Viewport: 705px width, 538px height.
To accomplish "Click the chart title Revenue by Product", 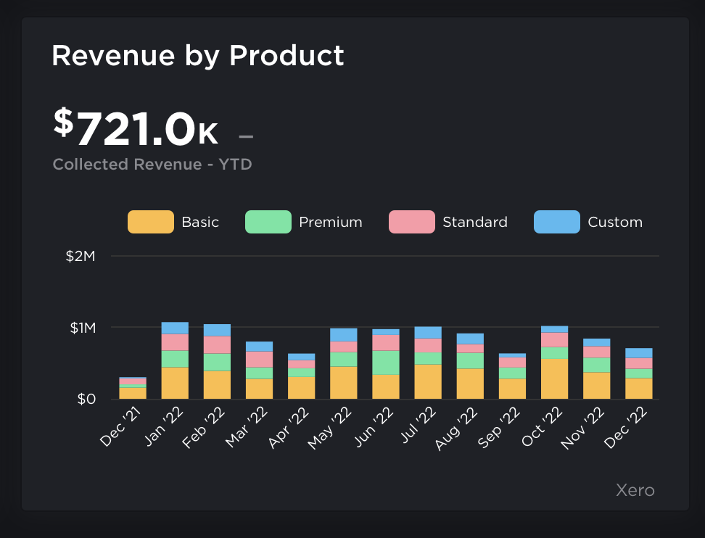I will [x=197, y=56].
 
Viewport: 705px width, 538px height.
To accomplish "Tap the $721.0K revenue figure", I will [x=136, y=127].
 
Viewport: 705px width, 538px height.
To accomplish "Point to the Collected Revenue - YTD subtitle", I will [x=152, y=165].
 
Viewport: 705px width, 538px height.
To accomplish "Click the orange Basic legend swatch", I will [x=151, y=222].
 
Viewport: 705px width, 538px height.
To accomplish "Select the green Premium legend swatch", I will [x=268, y=222].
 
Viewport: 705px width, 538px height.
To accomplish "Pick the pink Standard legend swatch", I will [x=411, y=222].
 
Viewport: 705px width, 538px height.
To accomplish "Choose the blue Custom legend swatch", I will [x=556, y=222].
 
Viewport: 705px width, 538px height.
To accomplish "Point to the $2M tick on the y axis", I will [x=81, y=256].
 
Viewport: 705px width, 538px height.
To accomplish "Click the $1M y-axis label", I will [x=82, y=328].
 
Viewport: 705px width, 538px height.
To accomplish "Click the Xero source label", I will [x=635, y=491].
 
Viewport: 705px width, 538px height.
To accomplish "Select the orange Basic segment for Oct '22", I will [x=554, y=379].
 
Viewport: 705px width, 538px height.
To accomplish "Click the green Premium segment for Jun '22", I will [x=386, y=363].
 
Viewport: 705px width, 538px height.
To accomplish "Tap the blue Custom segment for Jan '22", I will [x=175, y=328].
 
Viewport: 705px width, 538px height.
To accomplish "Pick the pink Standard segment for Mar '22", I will [x=259, y=359].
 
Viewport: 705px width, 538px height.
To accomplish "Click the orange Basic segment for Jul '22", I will [x=428, y=381].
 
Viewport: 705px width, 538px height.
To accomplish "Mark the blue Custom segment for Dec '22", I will [x=639, y=353].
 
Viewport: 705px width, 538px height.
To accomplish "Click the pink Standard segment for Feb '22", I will [x=217, y=344].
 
